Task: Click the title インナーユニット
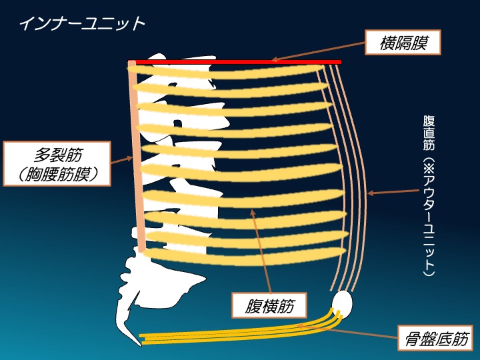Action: click(81, 24)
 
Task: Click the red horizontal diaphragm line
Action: click(233, 62)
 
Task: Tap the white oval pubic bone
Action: click(342, 303)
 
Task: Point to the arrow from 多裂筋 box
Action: click(120, 159)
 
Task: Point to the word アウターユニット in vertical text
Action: click(429, 220)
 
